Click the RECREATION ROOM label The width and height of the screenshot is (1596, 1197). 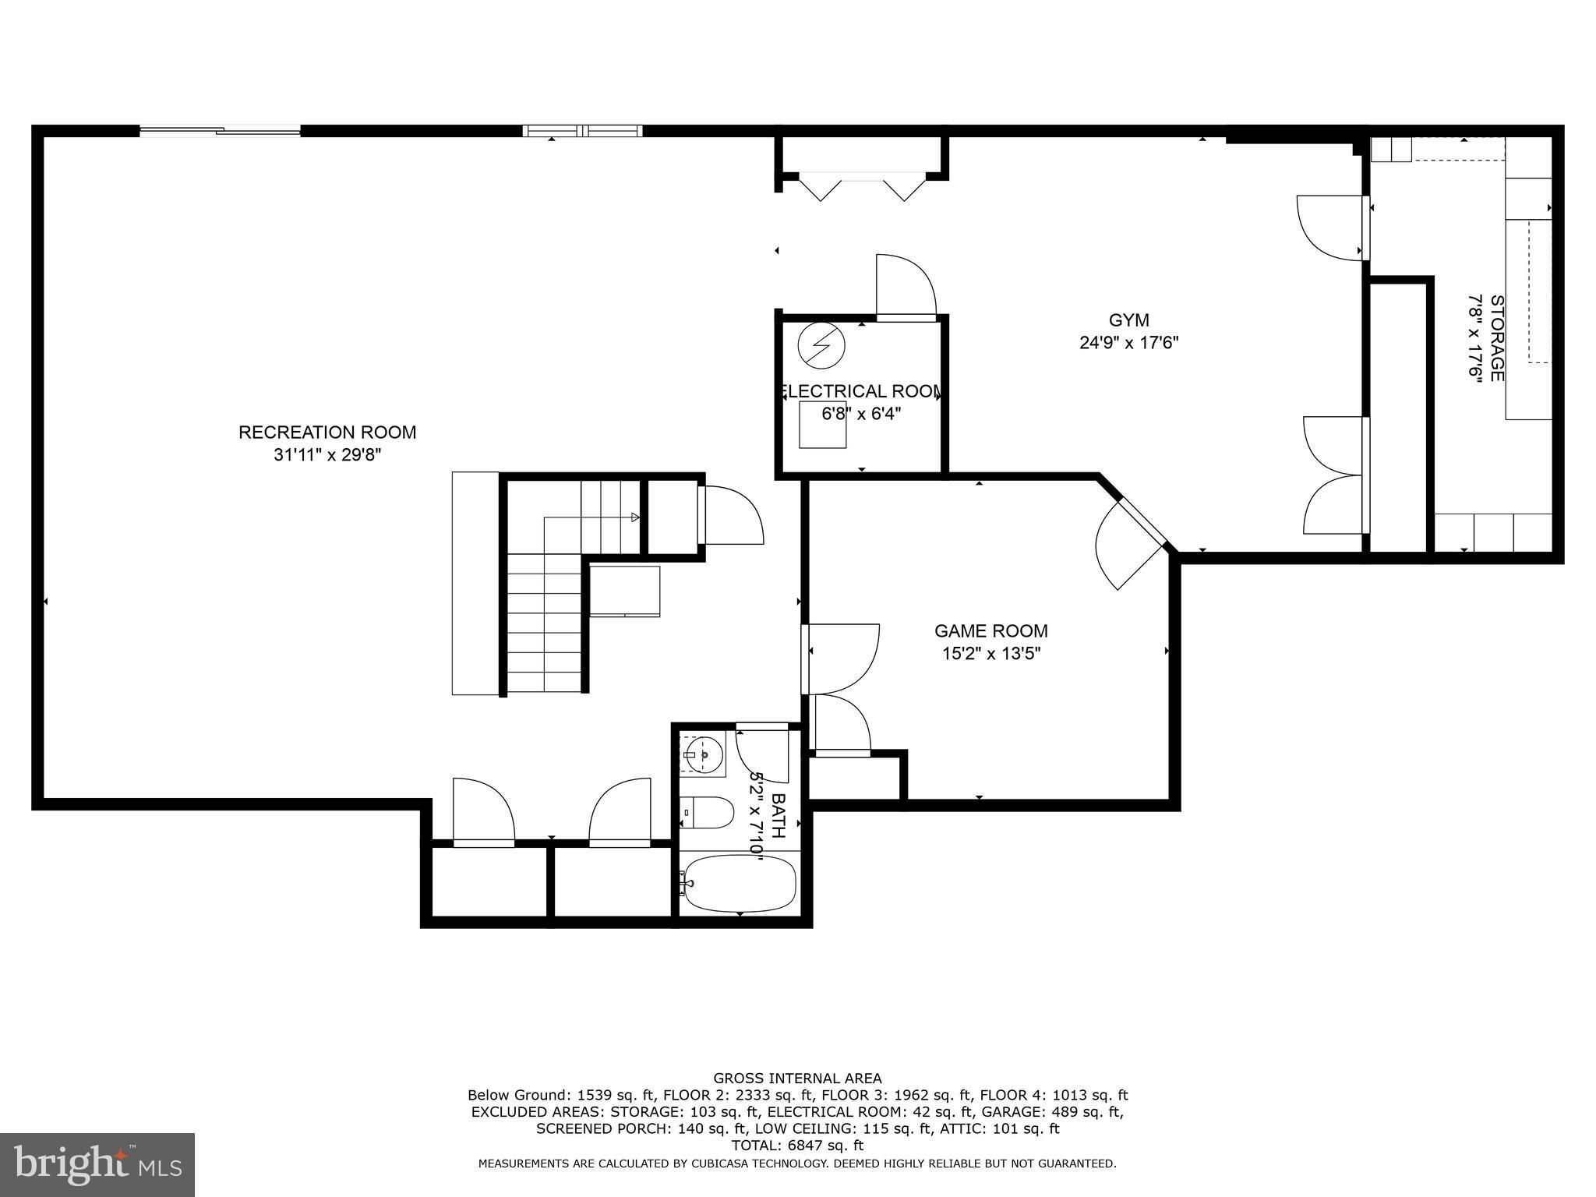tap(327, 432)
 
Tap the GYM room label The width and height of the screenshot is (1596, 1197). tap(1129, 320)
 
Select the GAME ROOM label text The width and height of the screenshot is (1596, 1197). tap(991, 631)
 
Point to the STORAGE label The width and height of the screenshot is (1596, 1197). tap(1497, 338)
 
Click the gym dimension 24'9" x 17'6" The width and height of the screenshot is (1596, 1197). tap(1129, 343)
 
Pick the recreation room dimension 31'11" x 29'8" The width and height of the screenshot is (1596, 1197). tap(327, 454)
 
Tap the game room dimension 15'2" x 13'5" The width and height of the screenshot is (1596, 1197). tap(991, 654)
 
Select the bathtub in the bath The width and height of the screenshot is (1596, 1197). tap(738, 884)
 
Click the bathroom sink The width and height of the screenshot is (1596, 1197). tap(703, 754)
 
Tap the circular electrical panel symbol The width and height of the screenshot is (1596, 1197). tap(821, 344)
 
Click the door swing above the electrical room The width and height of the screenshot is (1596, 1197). tap(906, 287)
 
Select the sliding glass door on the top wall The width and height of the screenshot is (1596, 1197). tap(220, 131)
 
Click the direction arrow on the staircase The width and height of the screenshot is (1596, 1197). tap(635, 517)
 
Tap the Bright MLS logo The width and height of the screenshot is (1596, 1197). tap(97, 1164)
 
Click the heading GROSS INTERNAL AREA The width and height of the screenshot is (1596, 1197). tap(797, 1079)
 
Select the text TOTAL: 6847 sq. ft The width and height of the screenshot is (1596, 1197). tap(797, 1146)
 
